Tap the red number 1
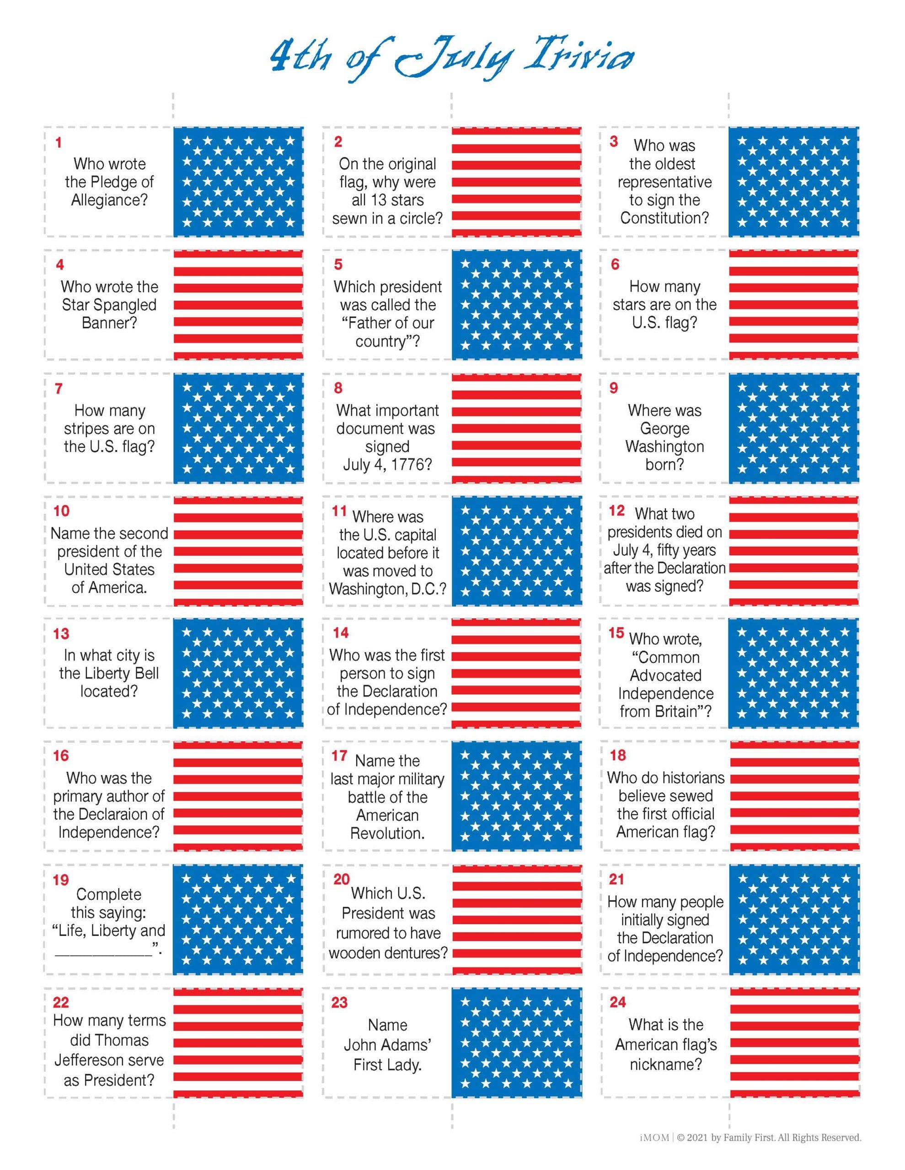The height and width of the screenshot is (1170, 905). [x=59, y=143]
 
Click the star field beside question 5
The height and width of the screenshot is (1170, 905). [x=516, y=304]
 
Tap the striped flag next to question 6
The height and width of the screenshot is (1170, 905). [x=793, y=304]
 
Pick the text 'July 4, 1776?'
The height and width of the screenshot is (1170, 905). [x=387, y=464]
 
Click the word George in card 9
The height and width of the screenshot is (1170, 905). [x=664, y=429]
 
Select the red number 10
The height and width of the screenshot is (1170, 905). [x=62, y=511]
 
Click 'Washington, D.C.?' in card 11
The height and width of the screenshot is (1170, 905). [x=387, y=589]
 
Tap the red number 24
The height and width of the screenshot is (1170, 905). [x=618, y=1002]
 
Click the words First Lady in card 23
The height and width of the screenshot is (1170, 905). [x=387, y=1064]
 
